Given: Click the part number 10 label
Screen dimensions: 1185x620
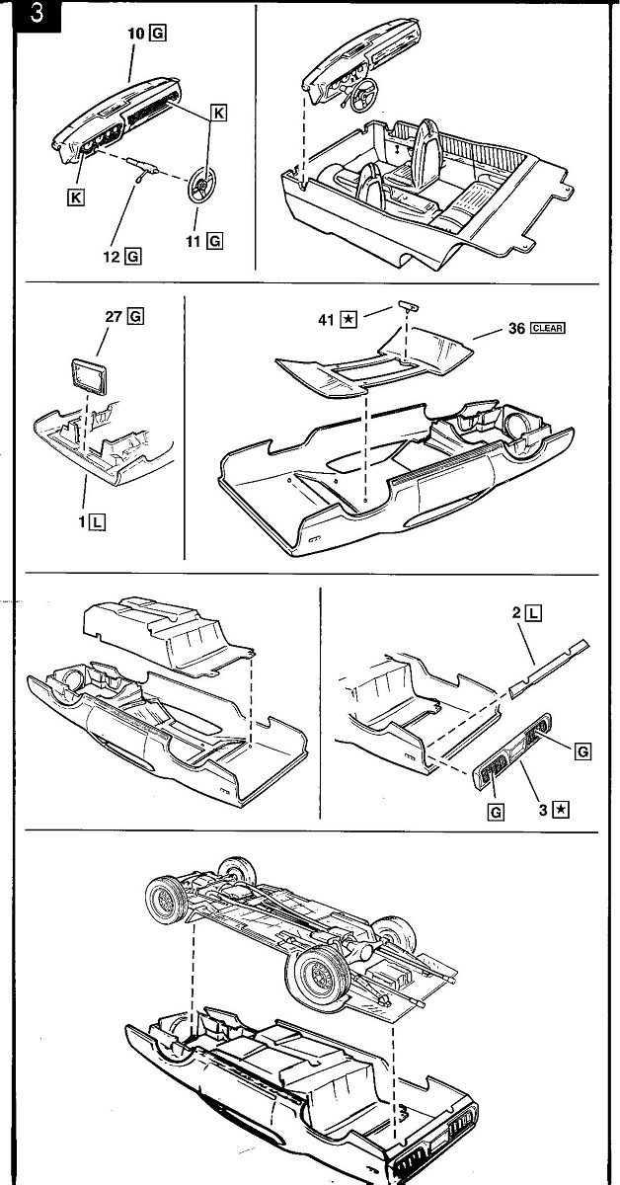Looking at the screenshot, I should tap(135, 34).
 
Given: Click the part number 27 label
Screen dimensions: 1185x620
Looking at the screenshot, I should tap(114, 317).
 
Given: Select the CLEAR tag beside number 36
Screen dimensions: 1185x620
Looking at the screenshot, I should tap(547, 329).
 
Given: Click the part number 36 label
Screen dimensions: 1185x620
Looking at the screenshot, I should tap(516, 329).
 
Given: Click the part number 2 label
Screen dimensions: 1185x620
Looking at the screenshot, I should tap(516, 613).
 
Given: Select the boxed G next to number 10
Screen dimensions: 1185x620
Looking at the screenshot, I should tap(158, 34).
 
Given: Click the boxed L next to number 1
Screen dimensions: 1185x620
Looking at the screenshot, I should tap(96, 522).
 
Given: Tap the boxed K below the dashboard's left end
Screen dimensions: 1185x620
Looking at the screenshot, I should tap(74, 197).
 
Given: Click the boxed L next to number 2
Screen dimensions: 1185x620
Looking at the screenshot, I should tap(533, 613).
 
